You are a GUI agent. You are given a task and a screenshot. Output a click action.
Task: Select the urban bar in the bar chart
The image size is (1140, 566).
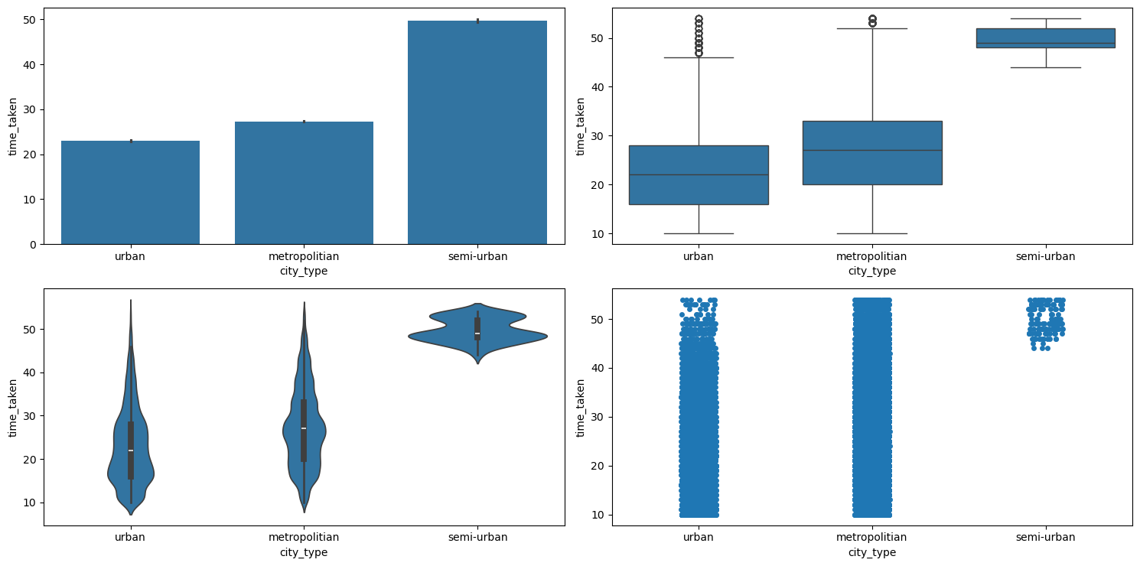coord(130,192)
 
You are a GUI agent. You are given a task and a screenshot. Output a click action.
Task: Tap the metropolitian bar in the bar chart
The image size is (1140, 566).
coord(304,183)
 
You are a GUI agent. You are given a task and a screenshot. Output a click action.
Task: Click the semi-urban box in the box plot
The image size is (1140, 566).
coord(1045,38)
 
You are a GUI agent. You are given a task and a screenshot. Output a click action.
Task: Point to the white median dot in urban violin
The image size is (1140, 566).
coord(131,450)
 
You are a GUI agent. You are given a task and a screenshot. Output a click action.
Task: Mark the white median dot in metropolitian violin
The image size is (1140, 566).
coord(304,428)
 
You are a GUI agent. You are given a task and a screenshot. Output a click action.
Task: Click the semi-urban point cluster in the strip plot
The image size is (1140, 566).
coord(1045,321)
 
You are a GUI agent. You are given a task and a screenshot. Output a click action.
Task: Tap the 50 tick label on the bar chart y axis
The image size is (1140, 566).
coord(30,19)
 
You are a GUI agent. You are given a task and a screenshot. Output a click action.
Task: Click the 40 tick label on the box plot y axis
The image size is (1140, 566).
coord(598,87)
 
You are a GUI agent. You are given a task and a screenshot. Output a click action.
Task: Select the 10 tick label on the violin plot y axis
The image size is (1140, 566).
coord(30,503)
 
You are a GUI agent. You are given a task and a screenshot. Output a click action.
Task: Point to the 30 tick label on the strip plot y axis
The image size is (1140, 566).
coord(598,417)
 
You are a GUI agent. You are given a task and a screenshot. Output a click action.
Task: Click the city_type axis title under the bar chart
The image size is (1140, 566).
coord(304,271)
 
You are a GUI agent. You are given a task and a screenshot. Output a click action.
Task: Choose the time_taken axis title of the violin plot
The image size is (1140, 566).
coord(13,407)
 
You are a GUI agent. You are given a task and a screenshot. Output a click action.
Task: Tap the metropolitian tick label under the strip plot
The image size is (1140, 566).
coord(872,537)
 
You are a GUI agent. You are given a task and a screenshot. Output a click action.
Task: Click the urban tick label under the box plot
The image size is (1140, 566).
coord(699,256)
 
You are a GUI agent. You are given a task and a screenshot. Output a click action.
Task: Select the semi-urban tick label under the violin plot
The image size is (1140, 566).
coord(477,537)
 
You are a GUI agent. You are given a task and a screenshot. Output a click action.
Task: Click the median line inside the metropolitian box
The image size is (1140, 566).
coord(872,150)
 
